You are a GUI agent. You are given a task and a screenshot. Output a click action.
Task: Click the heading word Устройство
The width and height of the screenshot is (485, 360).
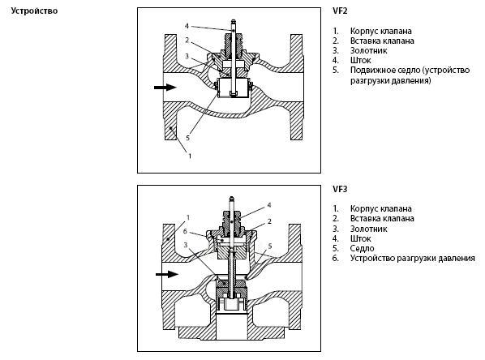34,11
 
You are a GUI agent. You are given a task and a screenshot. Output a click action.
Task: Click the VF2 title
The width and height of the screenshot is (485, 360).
340,11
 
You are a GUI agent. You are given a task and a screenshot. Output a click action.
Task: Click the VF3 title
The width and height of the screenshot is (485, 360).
340,189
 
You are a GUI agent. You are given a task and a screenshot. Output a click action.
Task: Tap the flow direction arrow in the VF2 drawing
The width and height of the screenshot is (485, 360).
165,88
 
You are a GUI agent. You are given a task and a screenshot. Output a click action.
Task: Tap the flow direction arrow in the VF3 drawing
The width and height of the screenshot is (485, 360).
167,274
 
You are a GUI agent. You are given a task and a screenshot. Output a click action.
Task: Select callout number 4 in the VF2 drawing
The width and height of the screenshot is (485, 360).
187,26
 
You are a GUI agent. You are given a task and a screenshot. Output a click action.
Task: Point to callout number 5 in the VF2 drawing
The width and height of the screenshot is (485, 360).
187,138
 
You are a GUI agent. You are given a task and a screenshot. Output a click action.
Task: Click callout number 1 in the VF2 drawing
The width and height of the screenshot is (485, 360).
190,156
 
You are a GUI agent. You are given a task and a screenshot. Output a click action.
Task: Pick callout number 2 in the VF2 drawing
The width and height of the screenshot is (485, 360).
187,40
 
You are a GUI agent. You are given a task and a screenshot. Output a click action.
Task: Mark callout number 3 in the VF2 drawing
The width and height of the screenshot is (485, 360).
187,56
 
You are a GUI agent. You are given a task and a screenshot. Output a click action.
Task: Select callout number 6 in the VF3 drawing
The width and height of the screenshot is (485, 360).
185,231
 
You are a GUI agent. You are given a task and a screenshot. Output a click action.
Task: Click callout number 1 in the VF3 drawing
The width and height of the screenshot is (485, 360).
187,217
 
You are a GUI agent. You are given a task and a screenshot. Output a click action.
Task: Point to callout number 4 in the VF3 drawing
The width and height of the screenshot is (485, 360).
269,205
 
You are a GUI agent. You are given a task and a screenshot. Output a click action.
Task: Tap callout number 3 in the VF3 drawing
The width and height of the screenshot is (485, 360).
186,245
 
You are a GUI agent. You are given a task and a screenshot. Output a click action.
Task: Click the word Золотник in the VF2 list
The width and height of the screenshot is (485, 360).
369,50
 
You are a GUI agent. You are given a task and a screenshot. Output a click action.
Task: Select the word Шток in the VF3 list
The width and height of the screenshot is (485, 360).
361,238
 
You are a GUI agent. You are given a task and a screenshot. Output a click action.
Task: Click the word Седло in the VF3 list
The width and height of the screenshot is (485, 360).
363,248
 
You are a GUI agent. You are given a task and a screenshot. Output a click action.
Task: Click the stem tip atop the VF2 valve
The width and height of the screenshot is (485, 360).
233,21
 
